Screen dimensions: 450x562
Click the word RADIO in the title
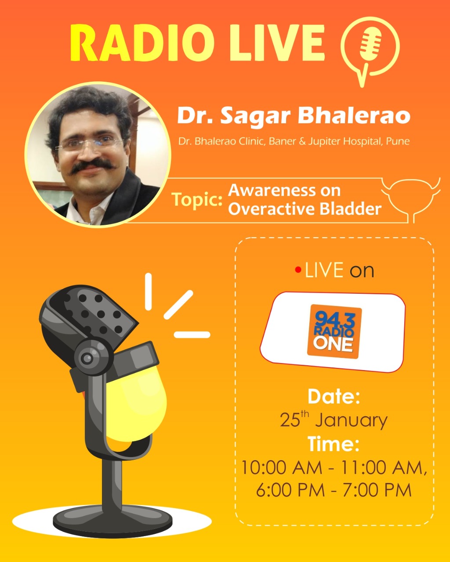click(142, 43)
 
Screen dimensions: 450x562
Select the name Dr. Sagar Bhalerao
click(294, 116)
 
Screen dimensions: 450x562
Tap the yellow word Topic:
click(196, 200)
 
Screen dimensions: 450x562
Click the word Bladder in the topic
click(350, 209)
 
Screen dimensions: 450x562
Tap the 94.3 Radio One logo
click(334, 331)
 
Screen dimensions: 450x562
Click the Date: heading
click(334, 396)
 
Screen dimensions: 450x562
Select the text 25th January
click(334, 420)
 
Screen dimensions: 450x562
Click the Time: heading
click(334, 444)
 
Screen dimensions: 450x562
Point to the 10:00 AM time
click(281, 467)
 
